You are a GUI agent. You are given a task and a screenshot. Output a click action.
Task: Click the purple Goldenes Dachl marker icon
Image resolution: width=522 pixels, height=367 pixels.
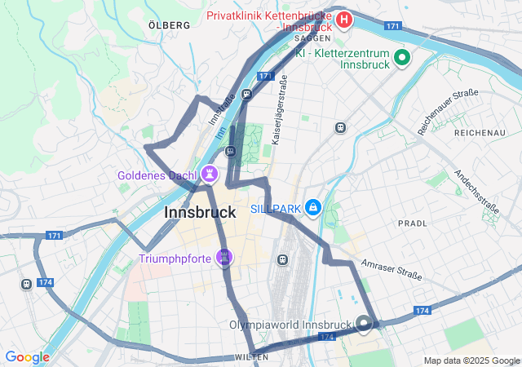pyautogui.click(x=210, y=174)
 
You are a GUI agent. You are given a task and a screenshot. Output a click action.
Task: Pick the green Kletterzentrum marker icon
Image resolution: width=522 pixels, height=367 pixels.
pyautogui.click(x=401, y=58)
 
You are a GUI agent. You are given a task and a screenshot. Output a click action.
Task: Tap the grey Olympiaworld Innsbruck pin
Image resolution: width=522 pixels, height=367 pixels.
pyautogui.click(x=364, y=324)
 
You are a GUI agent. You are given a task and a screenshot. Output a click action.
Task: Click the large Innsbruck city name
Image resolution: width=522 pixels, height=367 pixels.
pyautogui.click(x=200, y=212)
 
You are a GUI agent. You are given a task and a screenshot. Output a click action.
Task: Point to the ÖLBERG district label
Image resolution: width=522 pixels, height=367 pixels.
pyautogui.click(x=170, y=26)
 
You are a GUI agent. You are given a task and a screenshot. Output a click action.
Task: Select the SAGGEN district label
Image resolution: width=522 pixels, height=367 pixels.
pyautogui.click(x=313, y=38)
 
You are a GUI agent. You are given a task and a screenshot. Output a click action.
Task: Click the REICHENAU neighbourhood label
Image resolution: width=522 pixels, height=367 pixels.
pyautogui.click(x=480, y=132)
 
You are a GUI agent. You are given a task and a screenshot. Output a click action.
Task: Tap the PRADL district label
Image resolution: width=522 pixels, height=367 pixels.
pyautogui.click(x=412, y=223)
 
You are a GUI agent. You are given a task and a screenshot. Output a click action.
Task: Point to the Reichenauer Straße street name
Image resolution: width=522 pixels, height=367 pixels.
pyautogui.click(x=448, y=112)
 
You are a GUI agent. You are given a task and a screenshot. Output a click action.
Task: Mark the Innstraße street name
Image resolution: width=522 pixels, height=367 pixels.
pyautogui.click(x=222, y=117)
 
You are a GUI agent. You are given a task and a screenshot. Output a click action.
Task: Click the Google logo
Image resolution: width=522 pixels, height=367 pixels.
pyautogui.click(x=27, y=357)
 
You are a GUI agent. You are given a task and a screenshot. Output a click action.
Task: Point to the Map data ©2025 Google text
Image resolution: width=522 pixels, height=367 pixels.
pyautogui.click(x=471, y=360)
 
